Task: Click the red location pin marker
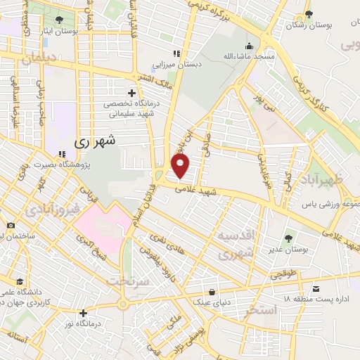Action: coord(181,166)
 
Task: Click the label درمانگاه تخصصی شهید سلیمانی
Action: coord(132,109)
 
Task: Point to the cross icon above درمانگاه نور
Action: coord(84,313)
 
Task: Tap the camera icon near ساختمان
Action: coord(11,225)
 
